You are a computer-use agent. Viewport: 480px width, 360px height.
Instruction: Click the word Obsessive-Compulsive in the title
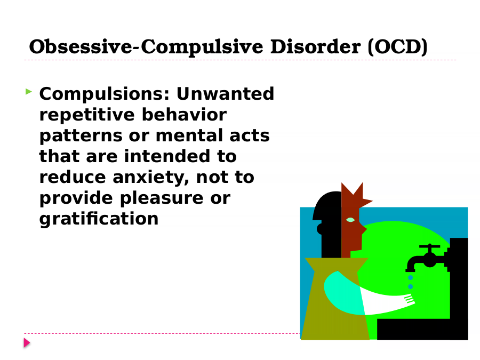click(x=146, y=47)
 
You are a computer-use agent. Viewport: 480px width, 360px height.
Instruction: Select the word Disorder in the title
click(x=315, y=47)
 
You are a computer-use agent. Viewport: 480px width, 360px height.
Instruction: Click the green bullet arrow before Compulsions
click(x=28, y=91)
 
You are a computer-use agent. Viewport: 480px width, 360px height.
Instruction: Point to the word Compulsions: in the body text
click(x=105, y=94)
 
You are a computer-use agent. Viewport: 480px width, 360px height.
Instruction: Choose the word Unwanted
click(x=225, y=94)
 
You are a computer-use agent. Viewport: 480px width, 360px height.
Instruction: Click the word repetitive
click(x=87, y=115)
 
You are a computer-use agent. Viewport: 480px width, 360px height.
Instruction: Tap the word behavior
click(x=185, y=115)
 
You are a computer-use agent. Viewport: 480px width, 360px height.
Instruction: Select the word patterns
click(x=80, y=136)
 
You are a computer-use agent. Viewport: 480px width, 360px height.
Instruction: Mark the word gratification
click(x=99, y=219)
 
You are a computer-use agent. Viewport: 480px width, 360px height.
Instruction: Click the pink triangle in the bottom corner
click(x=27, y=343)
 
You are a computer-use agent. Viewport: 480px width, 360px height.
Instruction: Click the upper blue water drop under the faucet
click(x=411, y=278)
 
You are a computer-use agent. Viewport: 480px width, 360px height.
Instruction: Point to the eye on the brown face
click(x=350, y=220)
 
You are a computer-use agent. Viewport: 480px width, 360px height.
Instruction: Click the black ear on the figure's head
click(x=320, y=229)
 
